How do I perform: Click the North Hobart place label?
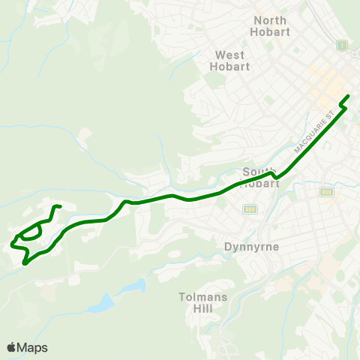click(271, 26)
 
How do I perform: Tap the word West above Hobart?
click(229, 55)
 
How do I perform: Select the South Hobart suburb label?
click(261, 178)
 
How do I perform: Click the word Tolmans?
click(200, 296)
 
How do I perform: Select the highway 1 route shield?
click(342, 46)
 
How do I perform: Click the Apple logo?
click(11, 347)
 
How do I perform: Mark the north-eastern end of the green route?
click(349, 96)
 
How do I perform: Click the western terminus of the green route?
click(12, 244)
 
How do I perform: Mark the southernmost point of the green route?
click(25, 264)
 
